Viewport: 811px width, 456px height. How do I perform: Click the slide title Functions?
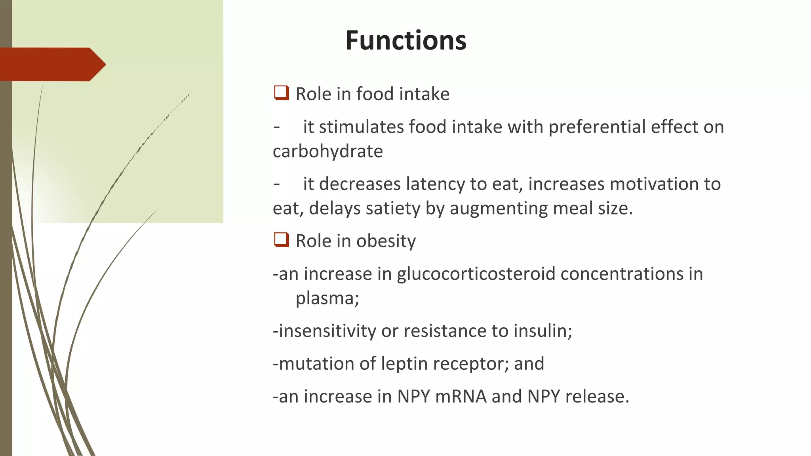coord(405,40)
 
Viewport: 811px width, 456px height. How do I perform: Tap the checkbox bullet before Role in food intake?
coord(281,93)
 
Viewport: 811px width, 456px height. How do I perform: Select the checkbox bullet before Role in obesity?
coord(281,240)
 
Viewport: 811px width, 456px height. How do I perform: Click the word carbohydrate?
coord(328,151)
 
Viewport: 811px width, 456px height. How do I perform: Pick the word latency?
coord(435,184)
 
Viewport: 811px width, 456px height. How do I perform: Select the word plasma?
coord(327,298)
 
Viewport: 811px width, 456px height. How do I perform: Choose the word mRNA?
coord(461,396)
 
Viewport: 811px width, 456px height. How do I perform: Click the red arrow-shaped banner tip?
coord(97,64)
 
